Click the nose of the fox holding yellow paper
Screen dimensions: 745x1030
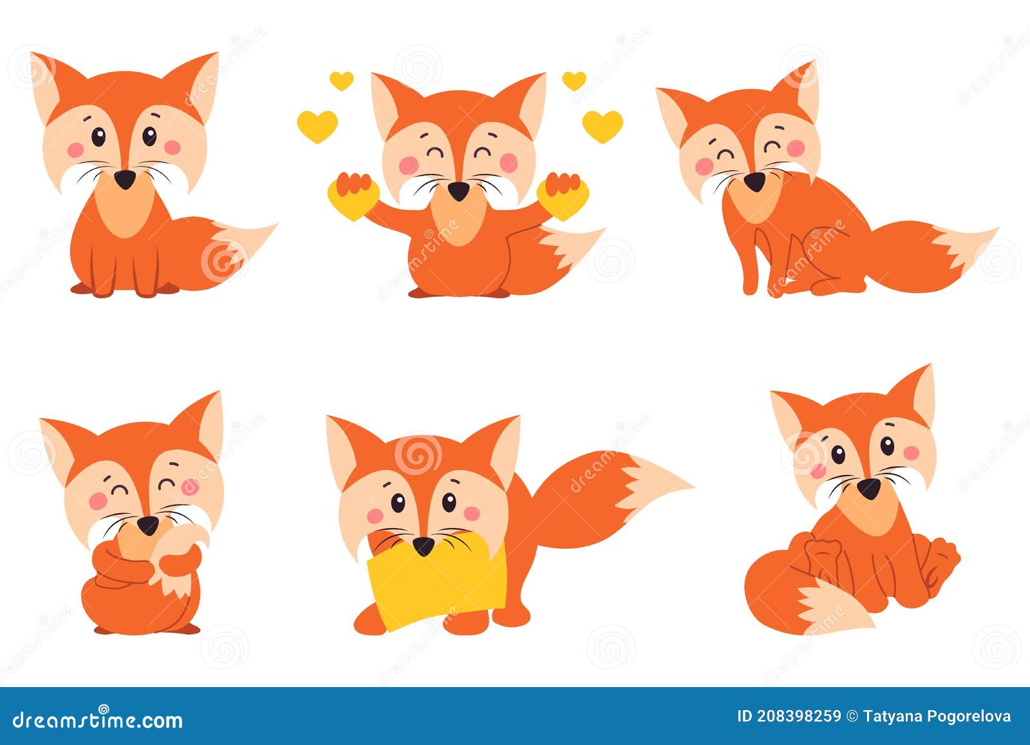[x=423, y=546]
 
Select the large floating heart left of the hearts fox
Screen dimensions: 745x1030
[x=317, y=126]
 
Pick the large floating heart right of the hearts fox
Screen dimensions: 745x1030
[x=603, y=126]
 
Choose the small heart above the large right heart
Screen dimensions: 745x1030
[x=574, y=80]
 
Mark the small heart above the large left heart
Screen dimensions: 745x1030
[x=341, y=80]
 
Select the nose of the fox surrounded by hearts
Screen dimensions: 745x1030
[x=458, y=190]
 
